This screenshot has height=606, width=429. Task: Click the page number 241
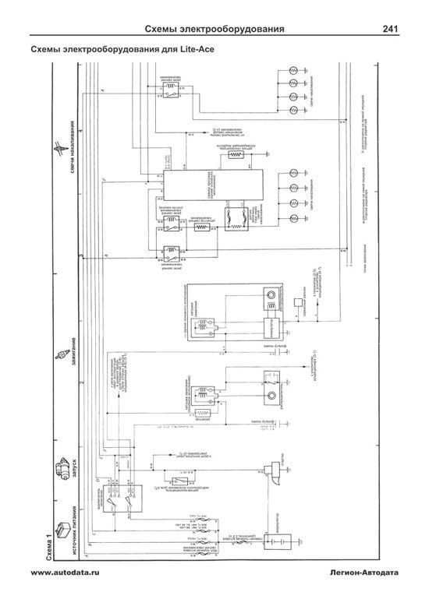389,30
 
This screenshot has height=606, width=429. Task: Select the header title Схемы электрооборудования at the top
214,30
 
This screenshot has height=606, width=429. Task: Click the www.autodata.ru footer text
66,573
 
